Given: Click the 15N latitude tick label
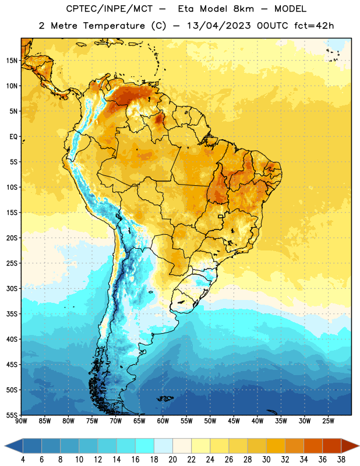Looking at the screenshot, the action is point(12,61).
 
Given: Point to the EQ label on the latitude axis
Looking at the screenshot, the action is point(13,137).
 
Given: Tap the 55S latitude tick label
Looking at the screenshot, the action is point(12,415).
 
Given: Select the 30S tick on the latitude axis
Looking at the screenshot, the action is point(12,288).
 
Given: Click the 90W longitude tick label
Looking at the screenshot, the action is point(21,421).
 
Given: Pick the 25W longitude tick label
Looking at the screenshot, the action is point(328,421).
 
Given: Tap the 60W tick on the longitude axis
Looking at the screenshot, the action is point(163,421).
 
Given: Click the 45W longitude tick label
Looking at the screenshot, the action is point(234,421).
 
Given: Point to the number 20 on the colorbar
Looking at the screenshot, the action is point(172,460).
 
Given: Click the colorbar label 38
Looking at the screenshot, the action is point(341,460).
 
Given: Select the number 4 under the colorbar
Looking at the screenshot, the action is point(23,460).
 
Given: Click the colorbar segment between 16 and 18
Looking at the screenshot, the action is point(145,446).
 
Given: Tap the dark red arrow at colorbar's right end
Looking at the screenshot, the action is point(350,446).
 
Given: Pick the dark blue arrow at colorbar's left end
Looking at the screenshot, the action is point(14,446).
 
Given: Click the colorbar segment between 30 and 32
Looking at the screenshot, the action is point(276,446).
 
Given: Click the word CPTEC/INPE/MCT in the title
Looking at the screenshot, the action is point(109,9).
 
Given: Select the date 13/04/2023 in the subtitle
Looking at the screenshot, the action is point(218,26).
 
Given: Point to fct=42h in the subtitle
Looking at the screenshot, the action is point(314,26).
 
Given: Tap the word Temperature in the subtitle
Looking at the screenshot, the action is point(114,26).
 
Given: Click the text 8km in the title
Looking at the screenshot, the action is point(243,9).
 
